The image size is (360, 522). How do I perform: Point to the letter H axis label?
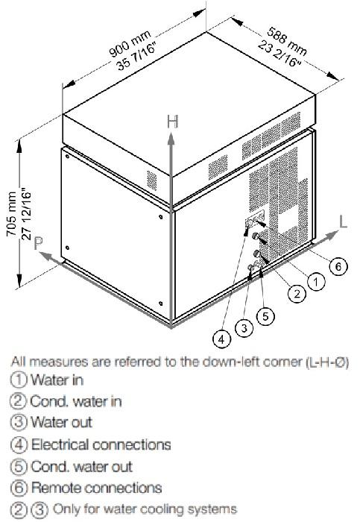click(x=173, y=122)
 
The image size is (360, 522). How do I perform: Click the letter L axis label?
click(x=343, y=221)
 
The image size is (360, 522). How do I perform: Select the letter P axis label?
click(x=38, y=244)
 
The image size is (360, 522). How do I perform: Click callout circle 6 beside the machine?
click(x=338, y=266)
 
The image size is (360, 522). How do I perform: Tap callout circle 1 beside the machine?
click(x=316, y=283)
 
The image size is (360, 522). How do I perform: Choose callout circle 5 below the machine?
click(x=265, y=315)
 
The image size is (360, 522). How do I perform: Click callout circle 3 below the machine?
click(x=244, y=328)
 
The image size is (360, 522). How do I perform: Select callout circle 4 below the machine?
click(x=221, y=339)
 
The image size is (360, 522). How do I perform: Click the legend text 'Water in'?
click(x=57, y=380)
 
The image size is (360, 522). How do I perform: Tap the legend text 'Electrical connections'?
click(x=101, y=444)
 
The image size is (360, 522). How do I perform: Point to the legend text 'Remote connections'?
click(x=96, y=488)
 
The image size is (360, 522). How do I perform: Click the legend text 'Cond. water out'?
click(x=81, y=466)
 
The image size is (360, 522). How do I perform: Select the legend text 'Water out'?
click(x=61, y=423)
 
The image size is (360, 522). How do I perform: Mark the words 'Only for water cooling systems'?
click(x=145, y=509)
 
